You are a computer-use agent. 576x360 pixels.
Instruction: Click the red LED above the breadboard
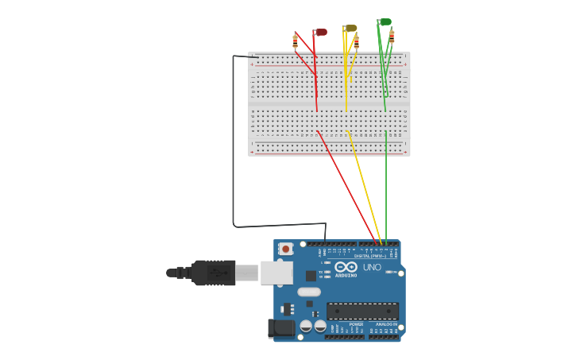click(x=320, y=33)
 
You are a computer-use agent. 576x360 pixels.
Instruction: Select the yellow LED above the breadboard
click(x=350, y=29)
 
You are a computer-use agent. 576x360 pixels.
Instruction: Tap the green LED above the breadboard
click(x=385, y=22)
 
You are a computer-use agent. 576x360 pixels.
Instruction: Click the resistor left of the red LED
click(x=295, y=41)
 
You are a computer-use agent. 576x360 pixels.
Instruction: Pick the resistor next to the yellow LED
click(x=357, y=42)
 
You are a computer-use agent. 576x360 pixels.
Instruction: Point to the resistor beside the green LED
click(x=392, y=37)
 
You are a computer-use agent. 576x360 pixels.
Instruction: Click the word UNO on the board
click(x=372, y=268)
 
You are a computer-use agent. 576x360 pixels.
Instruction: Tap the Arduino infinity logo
click(x=346, y=268)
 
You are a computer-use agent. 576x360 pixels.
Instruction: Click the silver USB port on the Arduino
click(x=276, y=273)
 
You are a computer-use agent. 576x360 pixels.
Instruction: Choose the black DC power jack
click(x=281, y=327)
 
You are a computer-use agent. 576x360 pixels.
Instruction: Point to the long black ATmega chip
click(x=362, y=311)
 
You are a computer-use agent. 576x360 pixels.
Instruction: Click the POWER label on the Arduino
click(x=356, y=324)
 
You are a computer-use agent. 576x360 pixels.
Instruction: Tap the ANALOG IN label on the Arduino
click(x=387, y=324)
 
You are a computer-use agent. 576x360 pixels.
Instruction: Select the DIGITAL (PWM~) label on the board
click(x=370, y=256)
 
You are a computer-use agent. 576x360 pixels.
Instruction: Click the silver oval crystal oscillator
click(x=309, y=292)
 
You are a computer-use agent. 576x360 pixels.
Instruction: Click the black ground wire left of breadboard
click(x=234, y=143)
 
